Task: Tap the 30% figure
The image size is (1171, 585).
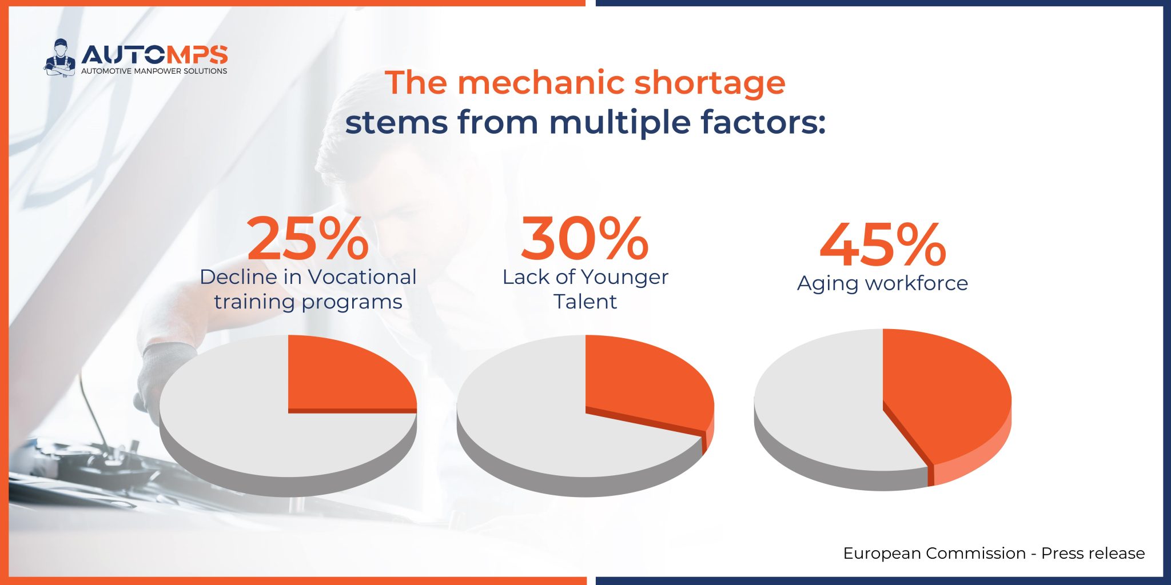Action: click(x=584, y=239)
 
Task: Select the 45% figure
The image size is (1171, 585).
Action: click(x=882, y=246)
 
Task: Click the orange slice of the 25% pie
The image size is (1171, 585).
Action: click(x=343, y=377)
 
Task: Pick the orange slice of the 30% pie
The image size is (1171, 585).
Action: click(x=640, y=383)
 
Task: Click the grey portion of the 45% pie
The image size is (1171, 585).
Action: click(x=818, y=400)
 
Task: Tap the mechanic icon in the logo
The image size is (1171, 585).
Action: click(x=59, y=58)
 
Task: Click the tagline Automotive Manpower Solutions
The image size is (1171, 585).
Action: click(x=154, y=71)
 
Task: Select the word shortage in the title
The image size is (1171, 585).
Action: click(x=710, y=83)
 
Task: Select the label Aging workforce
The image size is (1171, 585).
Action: click(x=882, y=283)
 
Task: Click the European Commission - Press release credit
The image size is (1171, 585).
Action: click(x=994, y=553)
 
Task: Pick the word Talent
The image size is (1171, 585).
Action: click(x=585, y=302)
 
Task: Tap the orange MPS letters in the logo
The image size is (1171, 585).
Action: click(x=197, y=55)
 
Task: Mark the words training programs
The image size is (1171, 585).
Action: click(x=308, y=302)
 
